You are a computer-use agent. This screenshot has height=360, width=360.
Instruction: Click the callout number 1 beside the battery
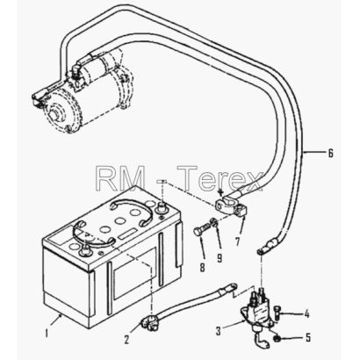pyautogui.click(x=46, y=333)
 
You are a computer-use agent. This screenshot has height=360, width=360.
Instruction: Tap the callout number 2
pyautogui.click(x=126, y=340)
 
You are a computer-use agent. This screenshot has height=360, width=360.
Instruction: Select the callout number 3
pyautogui.click(x=218, y=331)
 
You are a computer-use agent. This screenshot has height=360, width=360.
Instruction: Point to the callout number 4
pyautogui.click(x=306, y=314)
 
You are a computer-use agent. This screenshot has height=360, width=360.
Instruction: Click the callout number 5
pyautogui.click(x=308, y=337)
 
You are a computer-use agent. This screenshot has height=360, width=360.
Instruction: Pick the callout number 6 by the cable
pyautogui.click(x=330, y=153)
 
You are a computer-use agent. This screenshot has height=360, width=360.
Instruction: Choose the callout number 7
pyautogui.click(x=237, y=241)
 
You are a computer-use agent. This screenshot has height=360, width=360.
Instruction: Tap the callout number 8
pyautogui.click(x=203, y=267)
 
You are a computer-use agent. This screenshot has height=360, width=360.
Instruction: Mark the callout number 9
pyautogui.click(x=220, y=257)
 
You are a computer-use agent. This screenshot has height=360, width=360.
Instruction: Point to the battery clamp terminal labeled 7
pyautogui.click(x=232, y=205)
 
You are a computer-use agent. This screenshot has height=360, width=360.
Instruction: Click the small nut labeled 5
pyautogui.click(x=277, y=339)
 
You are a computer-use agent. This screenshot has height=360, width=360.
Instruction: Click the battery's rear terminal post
pyautogui.click(x=161, y=207)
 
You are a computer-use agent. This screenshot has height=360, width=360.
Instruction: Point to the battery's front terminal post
pyautogui.click(x=85, y=249)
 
